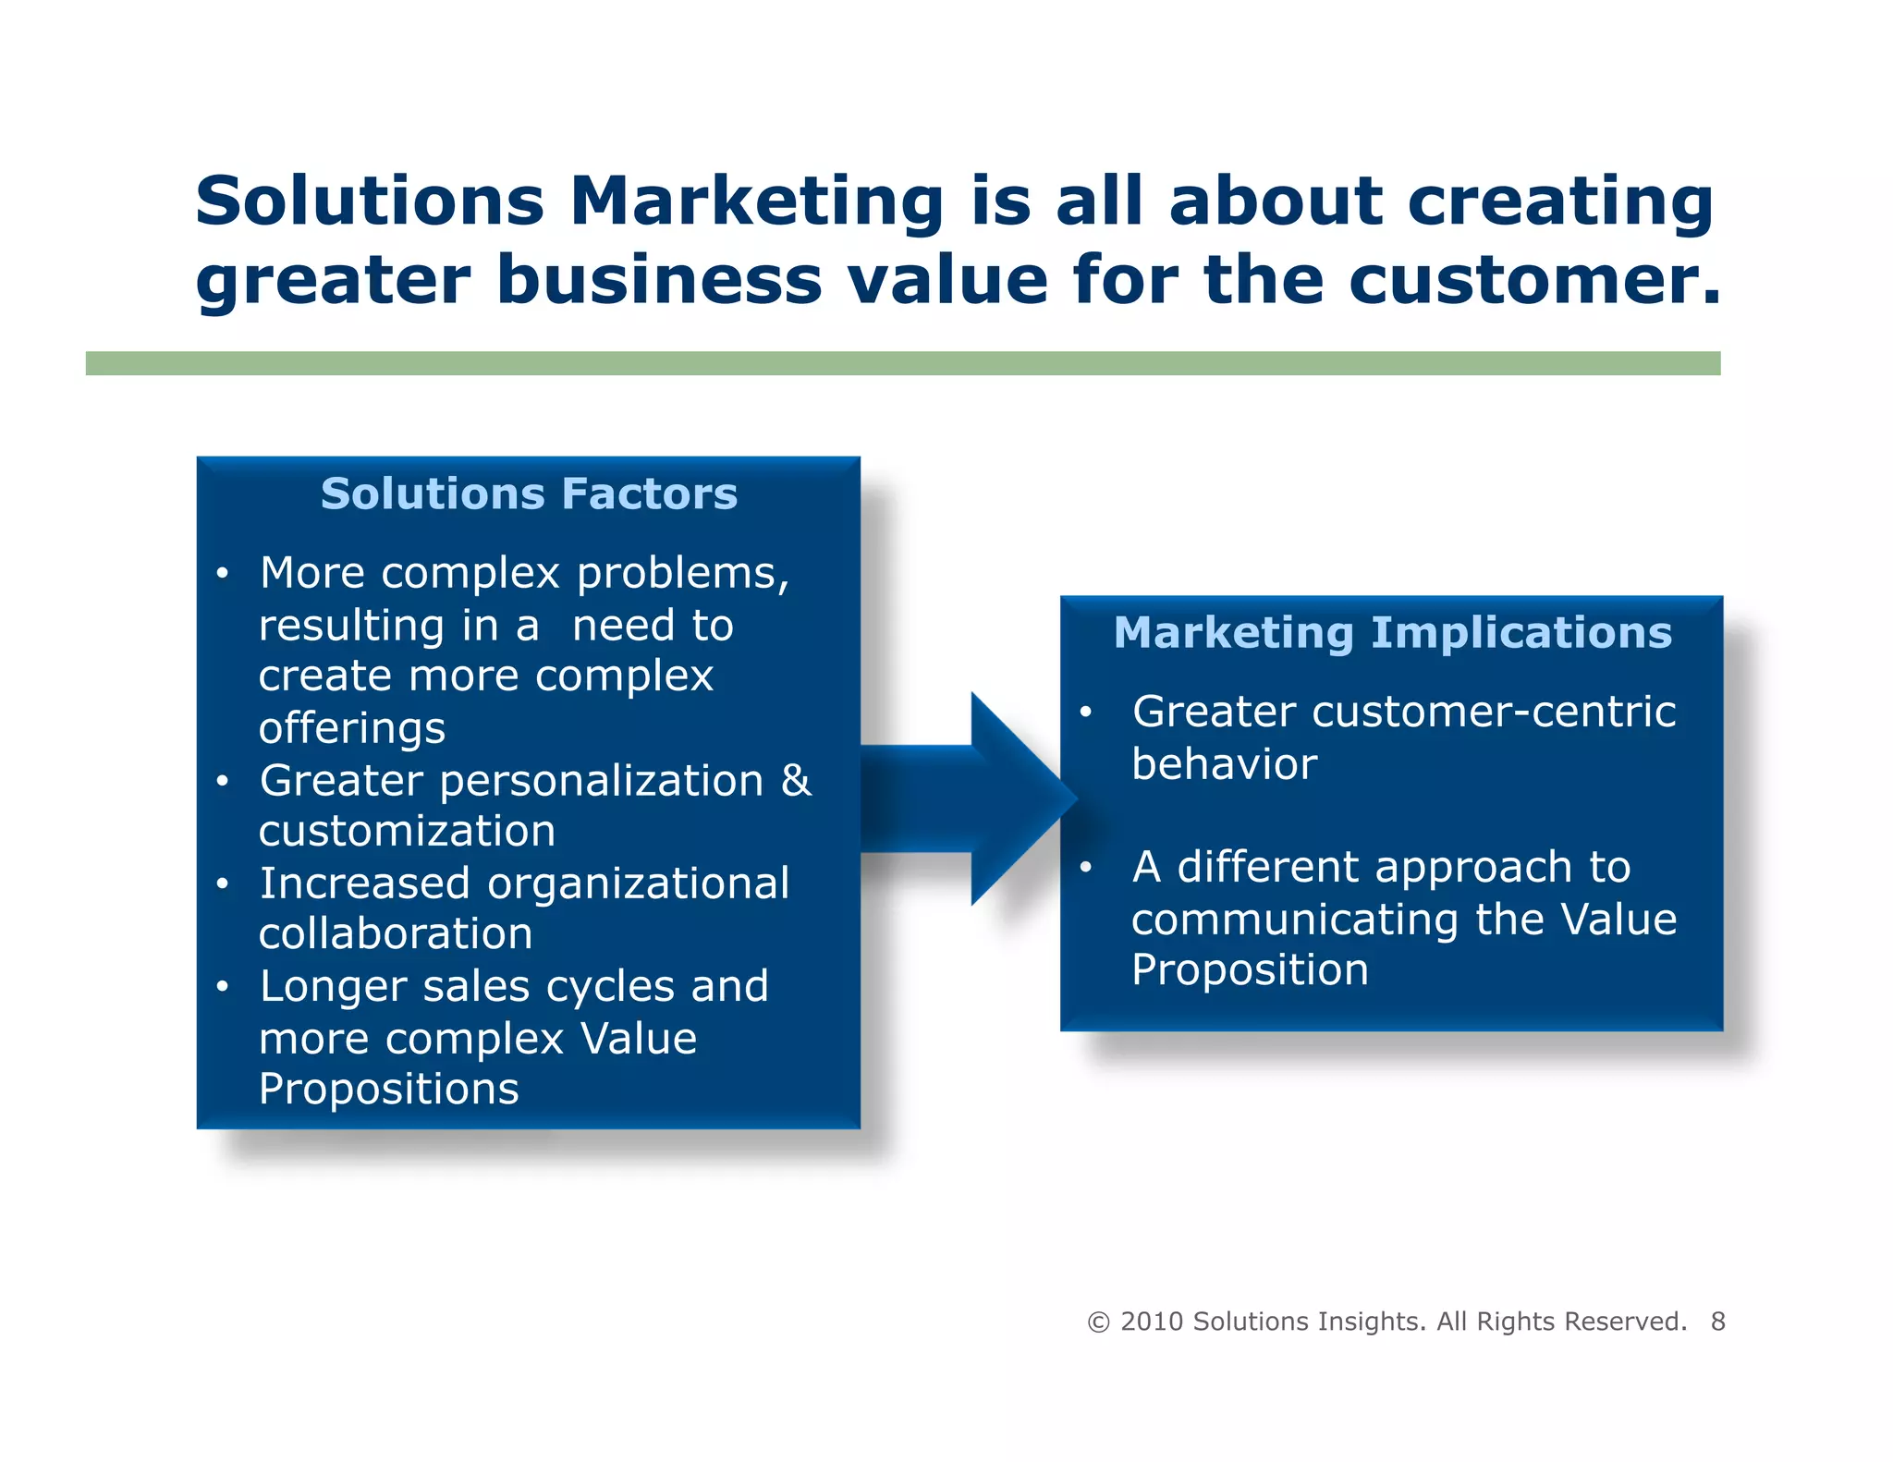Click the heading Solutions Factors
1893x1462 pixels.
(529, 493)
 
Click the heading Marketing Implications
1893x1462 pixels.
(1392, 633)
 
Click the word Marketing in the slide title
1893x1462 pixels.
(756, 201)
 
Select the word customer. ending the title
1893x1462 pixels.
(1534, 279)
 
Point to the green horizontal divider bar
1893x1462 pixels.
(902, 363)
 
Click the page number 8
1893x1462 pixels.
(1717, 1322)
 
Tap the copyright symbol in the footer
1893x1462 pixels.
(1098, 1322)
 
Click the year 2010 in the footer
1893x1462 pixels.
(1152, 1322)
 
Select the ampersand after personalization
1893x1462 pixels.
(796, 780)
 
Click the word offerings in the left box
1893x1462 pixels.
(352, 728)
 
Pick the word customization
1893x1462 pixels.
(407, 831)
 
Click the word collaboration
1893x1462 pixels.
(396, 933)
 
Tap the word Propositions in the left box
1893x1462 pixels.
(388, 1089)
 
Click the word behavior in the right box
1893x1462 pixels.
(1225, 764)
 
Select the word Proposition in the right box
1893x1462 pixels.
(1250, 969)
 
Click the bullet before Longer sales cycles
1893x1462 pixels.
(222, 987)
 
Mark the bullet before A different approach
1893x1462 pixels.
(1086, 867)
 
